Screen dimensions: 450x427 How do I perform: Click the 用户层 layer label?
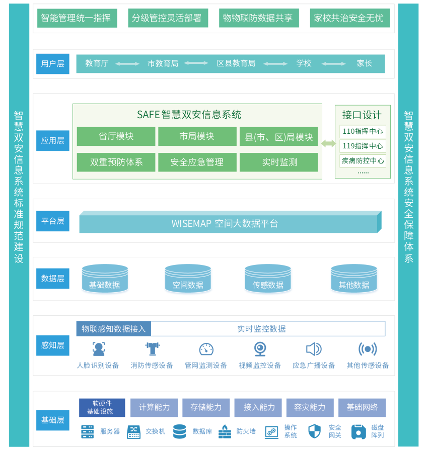(x=53, y=64)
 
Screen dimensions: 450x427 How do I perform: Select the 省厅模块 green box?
(x=116, y=136)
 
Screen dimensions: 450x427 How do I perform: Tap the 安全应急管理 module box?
(x=197, y=162)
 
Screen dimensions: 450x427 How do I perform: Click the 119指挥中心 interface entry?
(x=363, y=146)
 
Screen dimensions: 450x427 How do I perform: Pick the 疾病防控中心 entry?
(x=363, y=161)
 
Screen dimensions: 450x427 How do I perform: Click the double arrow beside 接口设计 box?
(x=328, y=143)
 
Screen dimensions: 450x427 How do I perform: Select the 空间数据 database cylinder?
(x=188, y=280)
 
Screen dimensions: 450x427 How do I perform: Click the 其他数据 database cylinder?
(x=354, y=280)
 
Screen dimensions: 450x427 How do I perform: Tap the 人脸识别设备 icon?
(x=99, y=349)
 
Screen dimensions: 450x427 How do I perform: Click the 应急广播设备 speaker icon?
(x=313, y=349)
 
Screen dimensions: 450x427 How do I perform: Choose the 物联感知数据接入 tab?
(x=114, y=329)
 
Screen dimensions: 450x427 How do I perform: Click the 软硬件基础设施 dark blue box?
(x=102, y=407)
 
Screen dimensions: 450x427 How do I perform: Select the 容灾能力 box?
(x=310, y=407)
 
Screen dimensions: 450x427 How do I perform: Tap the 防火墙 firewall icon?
(x=225, y=432)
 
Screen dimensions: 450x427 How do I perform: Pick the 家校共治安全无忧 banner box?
(x=348, y=18)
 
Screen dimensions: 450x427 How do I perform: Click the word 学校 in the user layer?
(x=304, y=63)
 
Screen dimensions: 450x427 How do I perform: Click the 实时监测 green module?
(x=279, y=162)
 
